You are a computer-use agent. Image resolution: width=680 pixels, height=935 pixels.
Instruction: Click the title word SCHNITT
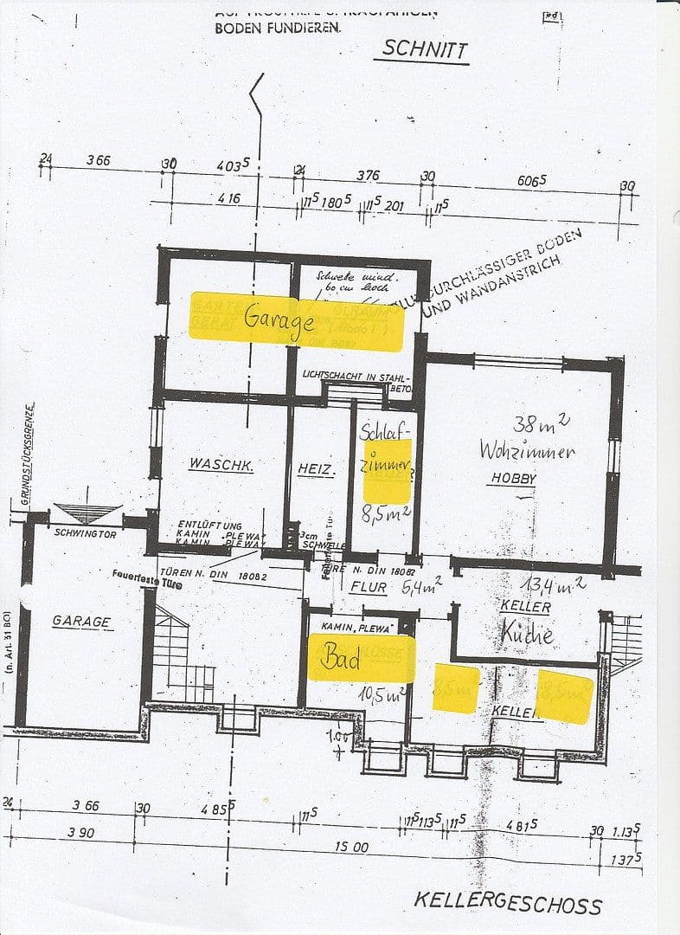coord(425,48)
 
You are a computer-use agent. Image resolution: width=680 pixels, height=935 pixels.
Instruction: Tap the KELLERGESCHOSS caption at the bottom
coord(507,903)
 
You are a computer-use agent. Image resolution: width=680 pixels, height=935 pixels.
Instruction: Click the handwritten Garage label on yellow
coord(278,319)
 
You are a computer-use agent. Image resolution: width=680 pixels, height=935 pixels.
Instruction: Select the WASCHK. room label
coord(221,465)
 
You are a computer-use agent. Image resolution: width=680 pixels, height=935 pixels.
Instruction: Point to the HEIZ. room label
coord(316,467)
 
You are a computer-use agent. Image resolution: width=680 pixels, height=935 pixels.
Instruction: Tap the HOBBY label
coord(514,478)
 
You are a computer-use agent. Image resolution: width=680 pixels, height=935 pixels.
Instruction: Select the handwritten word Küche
coord(526,635)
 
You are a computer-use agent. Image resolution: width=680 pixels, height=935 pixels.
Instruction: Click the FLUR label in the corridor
coord(368,586)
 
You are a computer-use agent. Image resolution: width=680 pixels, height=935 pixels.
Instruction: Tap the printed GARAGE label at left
coord(81,622)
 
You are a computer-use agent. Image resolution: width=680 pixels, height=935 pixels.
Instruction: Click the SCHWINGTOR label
coord(84,532)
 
